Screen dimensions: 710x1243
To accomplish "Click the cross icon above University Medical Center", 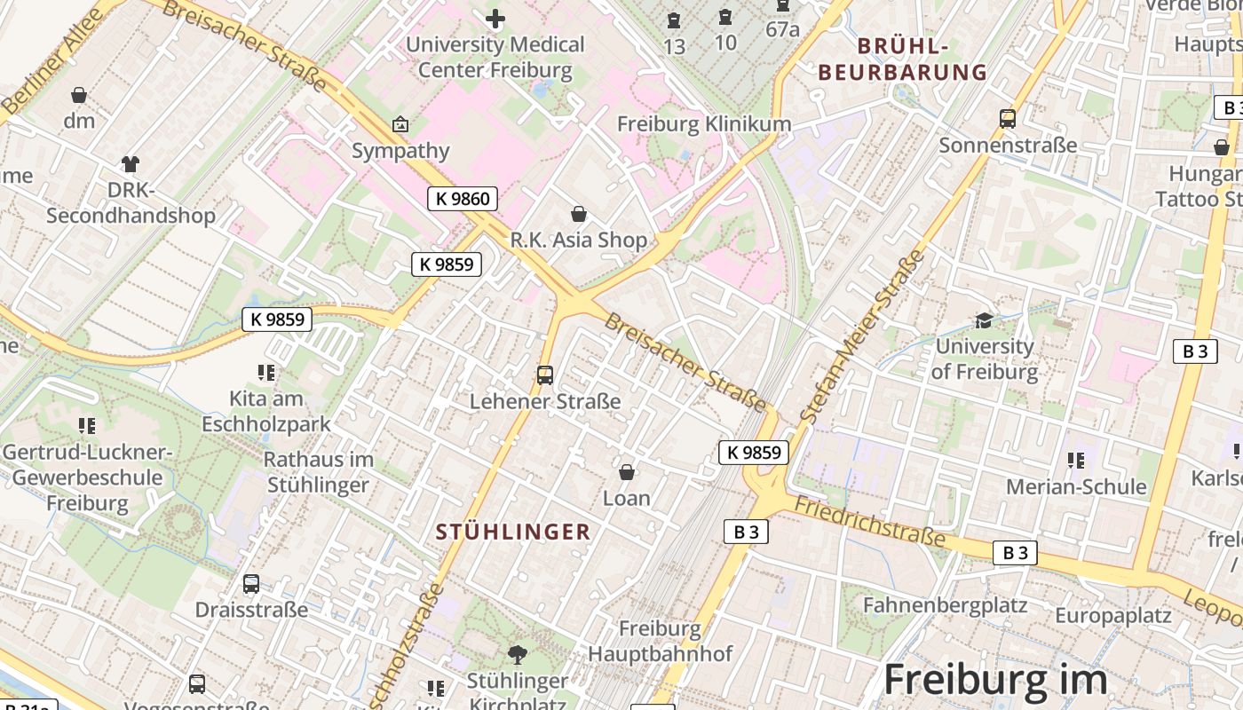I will click(x=495, y=18).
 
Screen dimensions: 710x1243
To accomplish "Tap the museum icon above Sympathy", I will click(x=400, y=125).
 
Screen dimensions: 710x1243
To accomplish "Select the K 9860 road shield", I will click(x=463, y=199).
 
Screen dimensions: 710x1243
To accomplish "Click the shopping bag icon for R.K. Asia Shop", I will click(x=579, y=214).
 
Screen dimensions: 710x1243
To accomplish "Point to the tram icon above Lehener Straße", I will click(x=545, y=375).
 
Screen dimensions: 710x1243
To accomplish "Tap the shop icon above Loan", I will click(x=627, y=472).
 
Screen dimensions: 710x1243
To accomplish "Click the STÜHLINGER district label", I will click(x=513, y=532).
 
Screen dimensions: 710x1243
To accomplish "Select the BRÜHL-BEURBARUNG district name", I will click(x=903, y=59).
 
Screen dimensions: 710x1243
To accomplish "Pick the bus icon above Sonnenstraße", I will click(x=1008, y=119).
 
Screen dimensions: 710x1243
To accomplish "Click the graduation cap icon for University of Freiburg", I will click(x=984, y=320).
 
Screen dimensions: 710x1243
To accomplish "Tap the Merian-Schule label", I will click(x=1076, y=487).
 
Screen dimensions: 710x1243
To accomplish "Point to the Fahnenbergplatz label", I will click(x=945, y=606).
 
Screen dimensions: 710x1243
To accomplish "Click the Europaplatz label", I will click(x=1113, y=615).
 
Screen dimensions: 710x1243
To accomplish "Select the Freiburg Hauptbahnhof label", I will click(x=660, y=642).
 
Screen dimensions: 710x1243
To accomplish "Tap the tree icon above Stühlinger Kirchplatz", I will click(x=518, y=656).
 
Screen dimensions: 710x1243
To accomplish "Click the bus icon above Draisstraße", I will click(x=251, y=584).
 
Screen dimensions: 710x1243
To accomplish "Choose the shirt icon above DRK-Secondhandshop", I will click(x=131, y=164).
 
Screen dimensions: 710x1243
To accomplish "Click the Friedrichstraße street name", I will click(x=870, y=521).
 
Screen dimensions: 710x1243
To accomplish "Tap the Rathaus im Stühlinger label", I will click(x=318, y=472).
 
